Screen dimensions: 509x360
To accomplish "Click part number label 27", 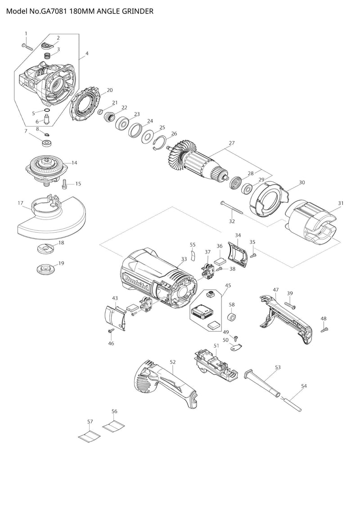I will [232, 143].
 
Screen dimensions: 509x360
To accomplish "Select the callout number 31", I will [341, 203].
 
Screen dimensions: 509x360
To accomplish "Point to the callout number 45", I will [228, 285].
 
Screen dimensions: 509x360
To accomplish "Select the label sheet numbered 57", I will [89, 435].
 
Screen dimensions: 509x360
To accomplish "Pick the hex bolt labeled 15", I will [64, 183].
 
